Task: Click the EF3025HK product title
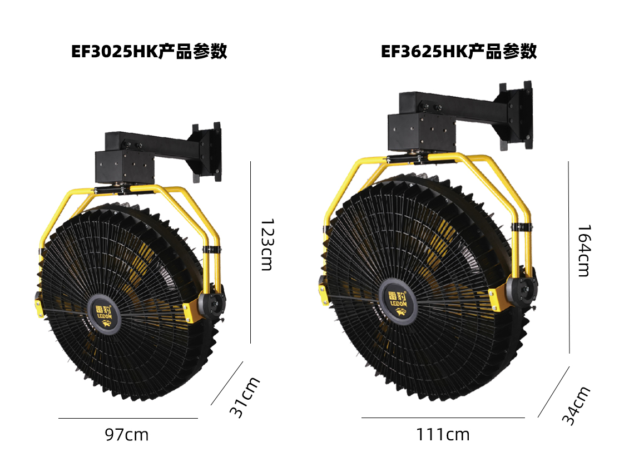coord(149,51)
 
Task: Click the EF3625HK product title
coord(458,51)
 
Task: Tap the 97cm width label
coord(127,435)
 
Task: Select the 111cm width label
coord(443,435)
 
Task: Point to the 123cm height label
coord(267,245)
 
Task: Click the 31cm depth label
coord(245,397)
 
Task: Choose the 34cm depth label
coord(576,405)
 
